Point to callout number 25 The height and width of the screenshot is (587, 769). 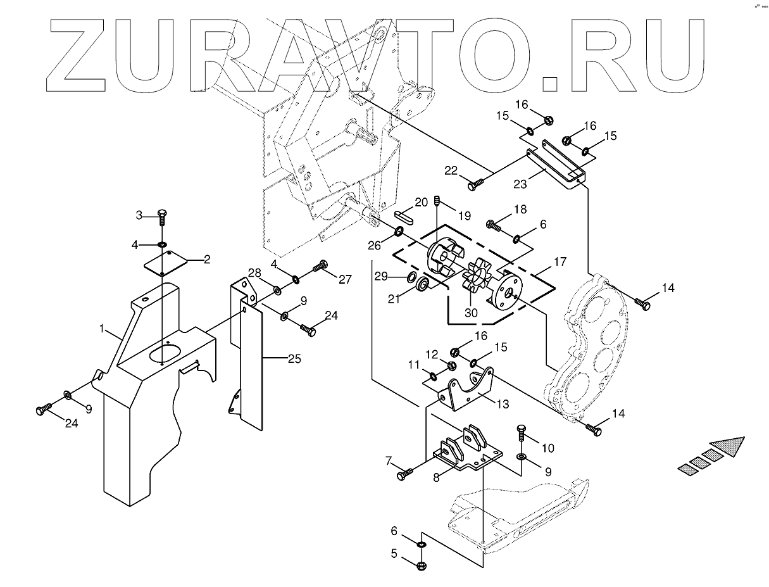click(294, 359)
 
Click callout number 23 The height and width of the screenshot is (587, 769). click(520, 185)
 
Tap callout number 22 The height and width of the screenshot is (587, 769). click(451, 170)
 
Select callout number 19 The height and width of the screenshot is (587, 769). click(465, 215)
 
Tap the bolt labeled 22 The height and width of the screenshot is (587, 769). click(476, 184)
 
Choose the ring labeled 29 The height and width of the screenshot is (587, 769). click(411, 277)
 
